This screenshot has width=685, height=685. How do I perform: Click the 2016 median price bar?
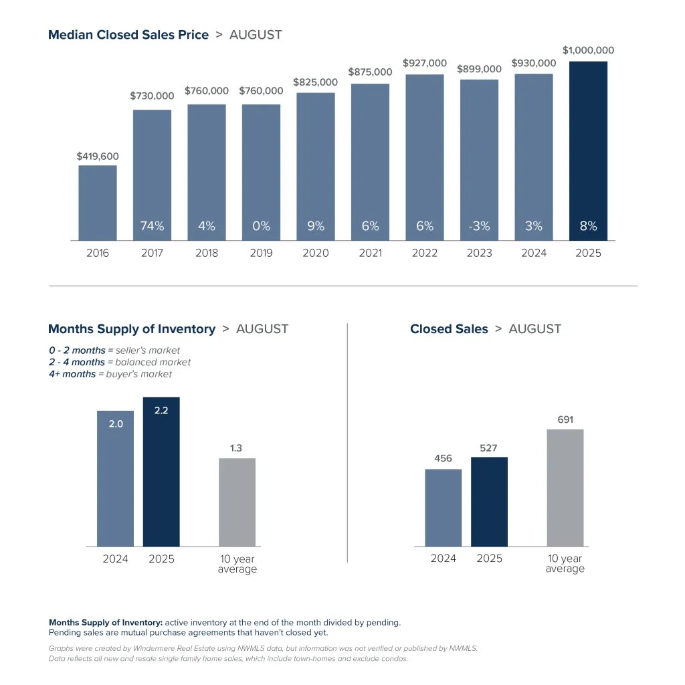pyautogui.click(x=98, y=203)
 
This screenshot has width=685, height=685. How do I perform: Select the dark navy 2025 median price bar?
pyautogui.click(x=588, y=151)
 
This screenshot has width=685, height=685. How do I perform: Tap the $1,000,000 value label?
pyautogui.click(x=588, y=50)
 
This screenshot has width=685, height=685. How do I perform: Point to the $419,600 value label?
pyautogui.click(x=98, y=157)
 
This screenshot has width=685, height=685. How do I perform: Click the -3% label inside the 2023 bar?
pyautogui.click(x=479, y=226)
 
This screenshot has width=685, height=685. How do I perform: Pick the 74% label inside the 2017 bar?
pyautogui.click(x=152, y=226)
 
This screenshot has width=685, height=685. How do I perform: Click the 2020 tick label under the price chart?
pyautogui.click(x=316, y=253)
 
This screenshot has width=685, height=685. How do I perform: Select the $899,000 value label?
pyautogui.click(x=479, y=69)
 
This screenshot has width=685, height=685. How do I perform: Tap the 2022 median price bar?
pyautogui.click(x=425, y=157)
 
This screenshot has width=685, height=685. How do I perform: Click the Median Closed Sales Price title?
pyautogui.click(x=128, y=35)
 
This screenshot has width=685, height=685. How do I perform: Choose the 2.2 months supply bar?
pyautogui.click(x=161, y=472)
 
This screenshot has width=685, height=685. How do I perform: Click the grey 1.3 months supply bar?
pyautogui.click(x=237, y=502)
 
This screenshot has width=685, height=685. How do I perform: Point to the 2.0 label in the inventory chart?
pyautogui.click(x=116, y=423)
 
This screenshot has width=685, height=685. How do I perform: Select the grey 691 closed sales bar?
pyautogui.click(x=565, y=488)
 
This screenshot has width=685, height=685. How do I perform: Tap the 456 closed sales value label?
pyautogui.click(x=443, y=458)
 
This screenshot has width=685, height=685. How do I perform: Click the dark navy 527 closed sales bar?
pyautogui.click(x=489, y=502)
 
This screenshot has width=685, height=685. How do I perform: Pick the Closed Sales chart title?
pyautogui.click(x=449, y=329)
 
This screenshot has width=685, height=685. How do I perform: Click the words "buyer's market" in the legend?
pyautogui.click(x=139, y=375)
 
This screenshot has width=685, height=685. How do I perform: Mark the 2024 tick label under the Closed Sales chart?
pyautogui.click(x=443, y=559)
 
